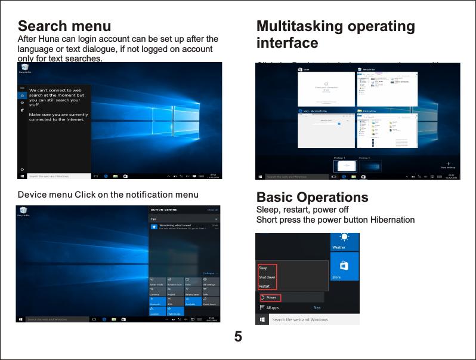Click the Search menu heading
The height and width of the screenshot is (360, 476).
[x=64, y=26]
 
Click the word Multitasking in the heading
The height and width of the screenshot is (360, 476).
[x=296, y=26]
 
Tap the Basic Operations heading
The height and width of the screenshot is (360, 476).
[x=312, y=198]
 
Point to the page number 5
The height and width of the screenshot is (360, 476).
[x=238, y=336]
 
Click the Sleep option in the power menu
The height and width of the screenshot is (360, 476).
[x=263, y=268]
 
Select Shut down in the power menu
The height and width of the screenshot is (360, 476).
[x=267, y=277]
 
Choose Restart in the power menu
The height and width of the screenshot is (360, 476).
[x=264, y=286]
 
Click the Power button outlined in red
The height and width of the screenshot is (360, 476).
[x=269, y=297]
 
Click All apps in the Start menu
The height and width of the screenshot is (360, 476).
[x=272, y=308]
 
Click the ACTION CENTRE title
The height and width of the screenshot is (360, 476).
[x=165, y=210]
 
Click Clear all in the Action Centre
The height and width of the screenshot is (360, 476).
[x=212, y=210]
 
